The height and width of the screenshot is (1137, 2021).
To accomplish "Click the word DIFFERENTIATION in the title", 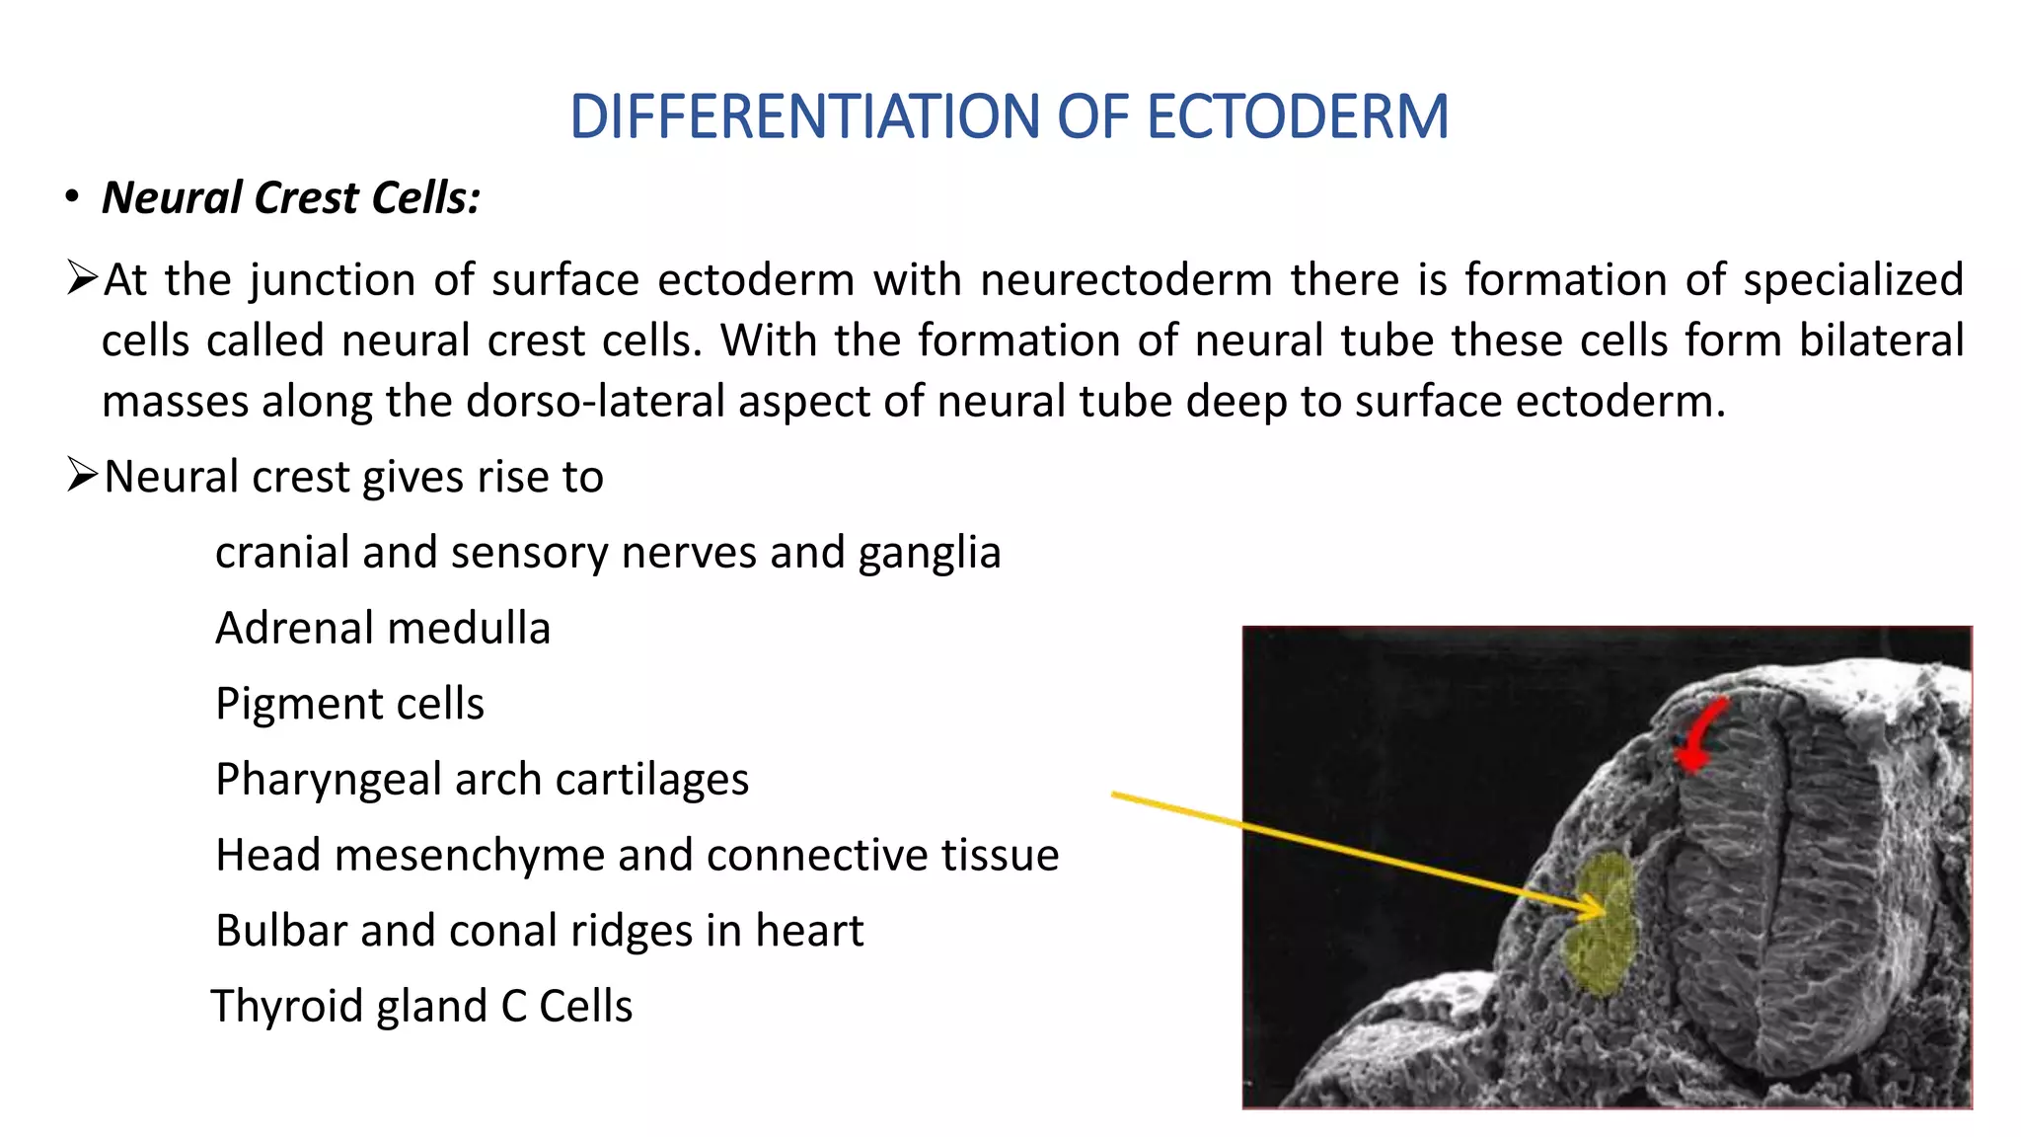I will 804,116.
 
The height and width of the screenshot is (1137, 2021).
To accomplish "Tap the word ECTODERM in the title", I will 1297,116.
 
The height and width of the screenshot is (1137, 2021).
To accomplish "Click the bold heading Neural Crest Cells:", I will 291,197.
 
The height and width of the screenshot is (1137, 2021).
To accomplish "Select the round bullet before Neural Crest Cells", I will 72,197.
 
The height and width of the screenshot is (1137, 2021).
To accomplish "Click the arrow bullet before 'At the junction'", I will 82,278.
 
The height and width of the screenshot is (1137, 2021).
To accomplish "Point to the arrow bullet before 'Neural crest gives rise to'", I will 82,475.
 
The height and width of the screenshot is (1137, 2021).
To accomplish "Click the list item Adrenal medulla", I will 383,629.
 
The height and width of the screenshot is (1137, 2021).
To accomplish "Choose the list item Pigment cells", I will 349,704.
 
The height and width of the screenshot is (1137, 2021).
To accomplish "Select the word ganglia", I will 929,553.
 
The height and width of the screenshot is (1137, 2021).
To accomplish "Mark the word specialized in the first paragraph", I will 1853,279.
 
